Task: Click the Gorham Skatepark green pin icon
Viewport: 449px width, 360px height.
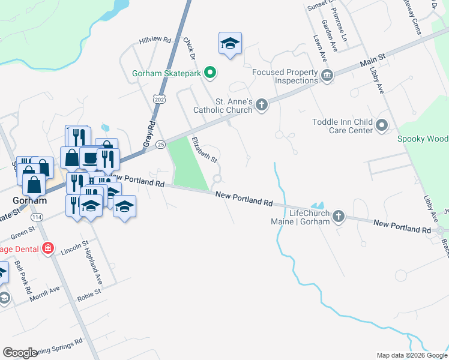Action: pyautogui.click(x=209, y=73)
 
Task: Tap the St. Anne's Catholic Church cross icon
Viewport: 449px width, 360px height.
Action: pyautogui.click(x=261, y=106)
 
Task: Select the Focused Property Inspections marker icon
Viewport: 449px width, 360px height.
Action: pyautogui.click(x=327, y=75)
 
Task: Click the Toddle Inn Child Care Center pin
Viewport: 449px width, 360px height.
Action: pyautogui.click(x=382, y=126)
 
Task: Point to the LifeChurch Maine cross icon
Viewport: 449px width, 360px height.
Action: pyautogui.click(x=339, y=217)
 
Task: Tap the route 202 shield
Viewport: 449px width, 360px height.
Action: pyautogui.click(x=158, y=99)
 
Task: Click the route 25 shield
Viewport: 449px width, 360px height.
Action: pyautogui.click(x=160, y=145)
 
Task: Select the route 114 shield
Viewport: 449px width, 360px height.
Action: pyautogui.click(x=38, y=216)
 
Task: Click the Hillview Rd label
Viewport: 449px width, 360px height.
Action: pyautogui.click(x=155, y=40)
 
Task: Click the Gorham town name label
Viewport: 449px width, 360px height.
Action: pyautogui.click(x=29, y=200)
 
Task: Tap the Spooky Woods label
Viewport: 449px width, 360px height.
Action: pyautogui.click(x=423, y=139)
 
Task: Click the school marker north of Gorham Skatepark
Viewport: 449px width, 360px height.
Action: pyautogui.click(x=230, y=44)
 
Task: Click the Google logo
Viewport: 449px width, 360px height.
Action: pyautogui.click(x=20, y=353)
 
